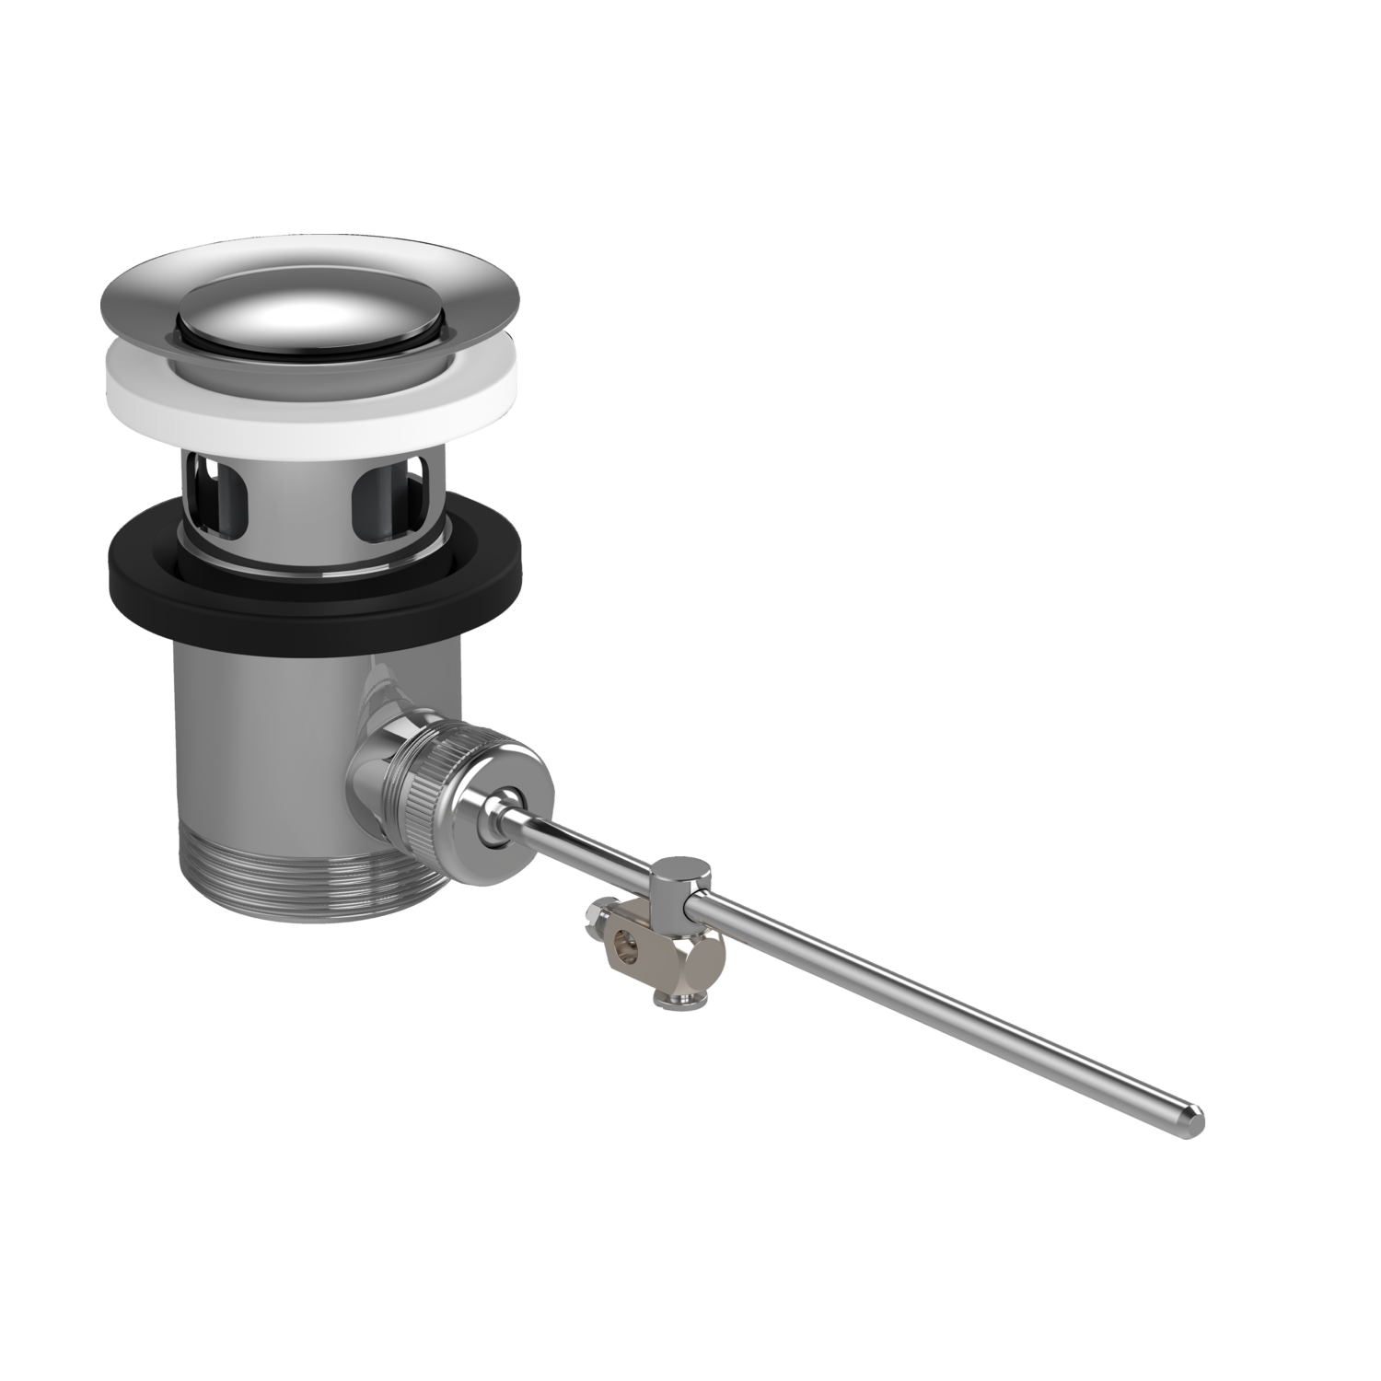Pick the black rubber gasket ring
point(166,589)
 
